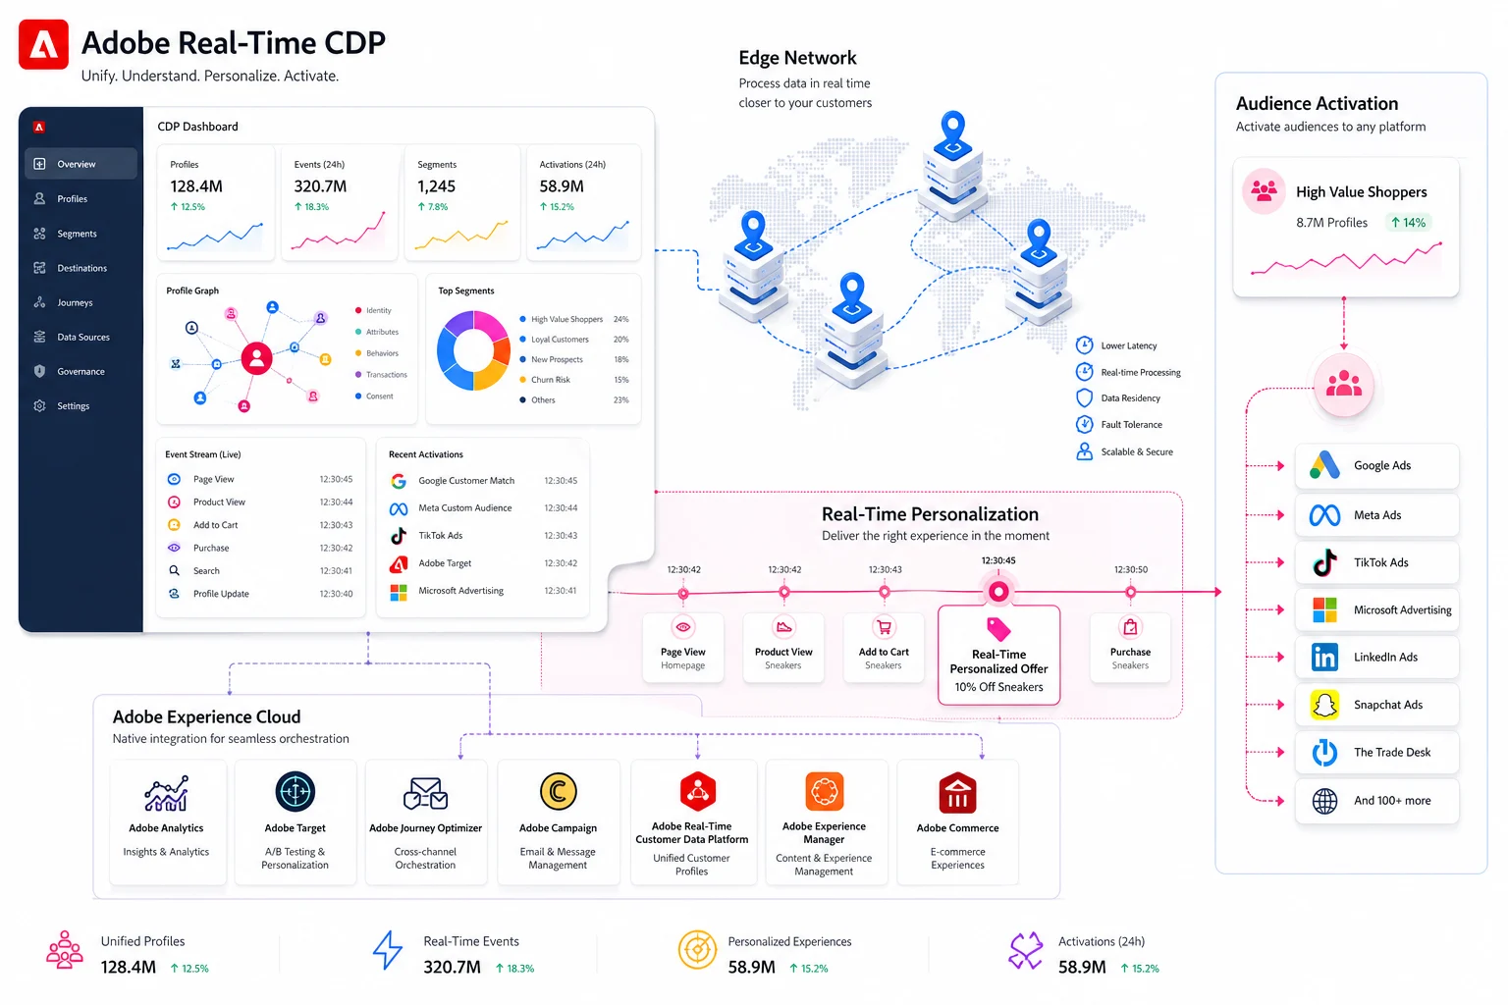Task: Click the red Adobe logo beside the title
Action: (x=44, y=44)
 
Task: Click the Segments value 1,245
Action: (x=436, y=185)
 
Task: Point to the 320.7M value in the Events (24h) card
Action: (x=320, y=185)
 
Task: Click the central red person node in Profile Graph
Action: (x=256, y=358)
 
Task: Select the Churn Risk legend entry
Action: (x=551, y=380)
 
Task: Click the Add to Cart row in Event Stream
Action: (x=259, y=525)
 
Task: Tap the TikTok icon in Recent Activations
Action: (x=399, y=536)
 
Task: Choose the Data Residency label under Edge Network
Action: (x=1130, y=397)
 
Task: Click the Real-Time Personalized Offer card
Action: (x=999, y=655)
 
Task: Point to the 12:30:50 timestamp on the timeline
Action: (x=1130, y=569)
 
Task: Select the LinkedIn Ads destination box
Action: (x=1376, y=657)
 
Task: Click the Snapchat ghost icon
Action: (x=1324, y=705)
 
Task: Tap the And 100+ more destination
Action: (x=1376, y=800)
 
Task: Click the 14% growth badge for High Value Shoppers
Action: (x=1409, y=223)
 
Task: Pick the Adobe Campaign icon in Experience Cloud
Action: (x=558, y=792)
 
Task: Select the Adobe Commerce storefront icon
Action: (x=957, y=793)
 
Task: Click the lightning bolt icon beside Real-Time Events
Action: (x=388, y=950)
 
